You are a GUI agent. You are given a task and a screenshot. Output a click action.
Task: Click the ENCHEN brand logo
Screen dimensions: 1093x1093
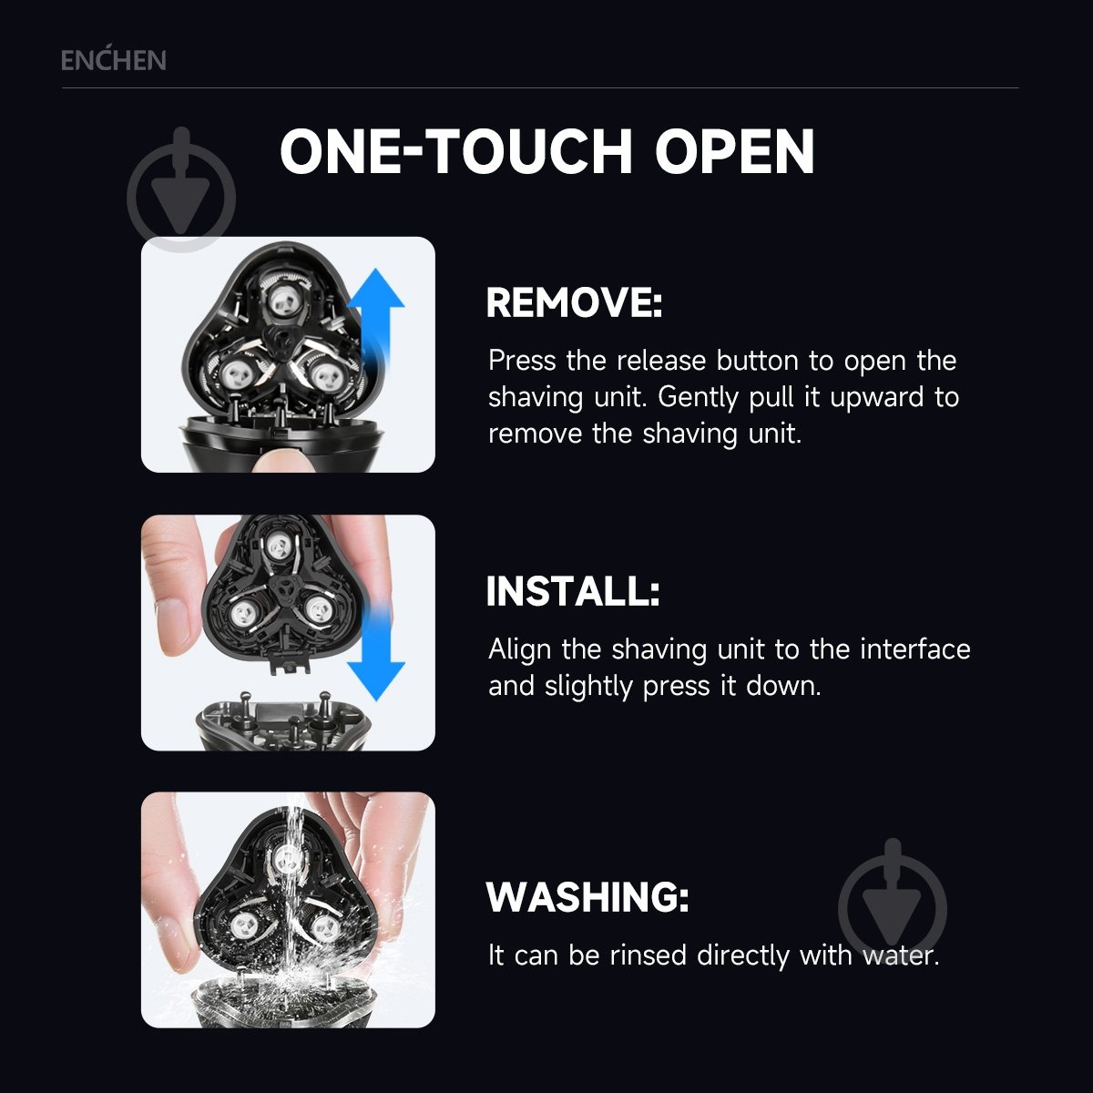coord(114,60)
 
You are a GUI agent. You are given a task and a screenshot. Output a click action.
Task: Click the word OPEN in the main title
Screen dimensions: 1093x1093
coord(735,151)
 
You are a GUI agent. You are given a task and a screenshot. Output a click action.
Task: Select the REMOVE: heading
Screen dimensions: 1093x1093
coord(574,302)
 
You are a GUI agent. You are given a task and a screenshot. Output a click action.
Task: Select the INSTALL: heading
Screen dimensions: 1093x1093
coord(573,592)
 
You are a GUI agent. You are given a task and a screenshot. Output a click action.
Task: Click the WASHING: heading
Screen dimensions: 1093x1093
coord(587,897)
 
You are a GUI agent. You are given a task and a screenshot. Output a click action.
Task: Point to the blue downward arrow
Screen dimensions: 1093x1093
coord(375,652)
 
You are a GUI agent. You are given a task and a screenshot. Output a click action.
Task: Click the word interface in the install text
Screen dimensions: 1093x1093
coord(914,649)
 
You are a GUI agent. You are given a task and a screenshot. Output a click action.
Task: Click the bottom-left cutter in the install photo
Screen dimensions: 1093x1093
coord(244,612)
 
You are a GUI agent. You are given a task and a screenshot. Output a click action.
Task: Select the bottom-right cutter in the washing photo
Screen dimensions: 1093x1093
coord(325,928)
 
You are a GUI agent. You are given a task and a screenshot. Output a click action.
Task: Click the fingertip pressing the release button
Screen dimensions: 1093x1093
coord(283,460)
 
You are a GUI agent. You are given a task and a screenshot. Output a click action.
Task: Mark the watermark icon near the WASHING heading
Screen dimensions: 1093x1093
coord(893,904)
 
